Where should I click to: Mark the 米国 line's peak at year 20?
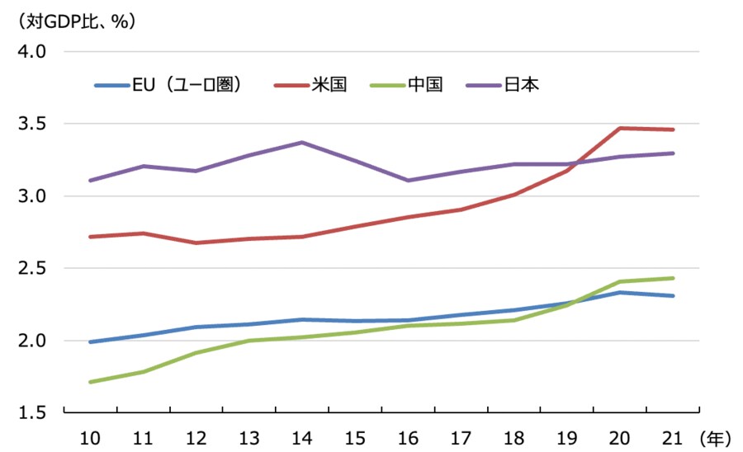pos(620,128)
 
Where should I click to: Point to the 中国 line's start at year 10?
pos(88,382)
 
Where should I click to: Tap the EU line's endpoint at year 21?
pos(673,295)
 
